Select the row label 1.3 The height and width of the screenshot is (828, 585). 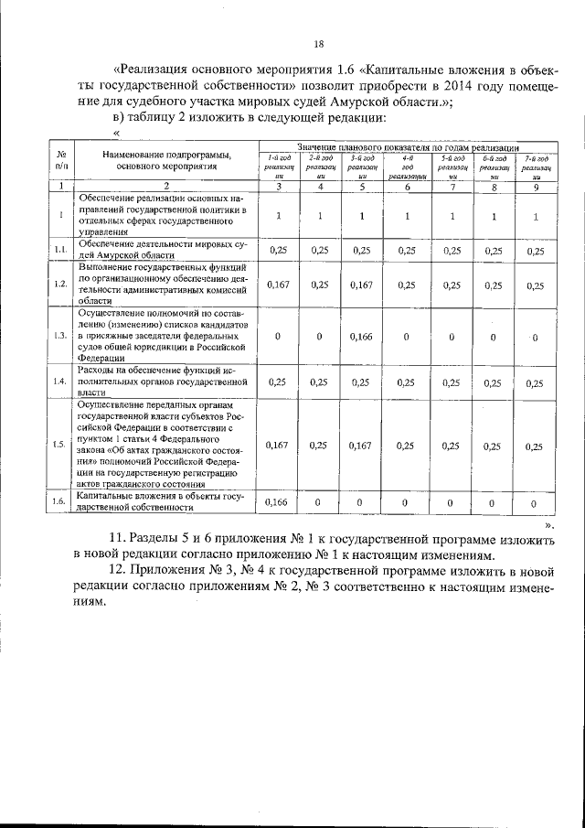pos(59,335)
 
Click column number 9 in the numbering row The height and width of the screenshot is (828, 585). pos(537,188)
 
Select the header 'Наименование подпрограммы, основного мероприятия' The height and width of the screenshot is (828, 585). pos(166,161)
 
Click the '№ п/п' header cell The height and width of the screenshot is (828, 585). pos(60,161)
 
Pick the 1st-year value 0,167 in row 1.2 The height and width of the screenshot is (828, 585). pos(277,285)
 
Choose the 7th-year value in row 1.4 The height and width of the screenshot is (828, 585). pos(537,382)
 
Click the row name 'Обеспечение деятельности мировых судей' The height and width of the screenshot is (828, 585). pos(162,250)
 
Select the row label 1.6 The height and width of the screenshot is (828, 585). pos(59,501)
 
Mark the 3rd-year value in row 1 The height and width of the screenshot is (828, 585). pos(362,216)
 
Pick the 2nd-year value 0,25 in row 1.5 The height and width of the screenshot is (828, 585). pos(319,446)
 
